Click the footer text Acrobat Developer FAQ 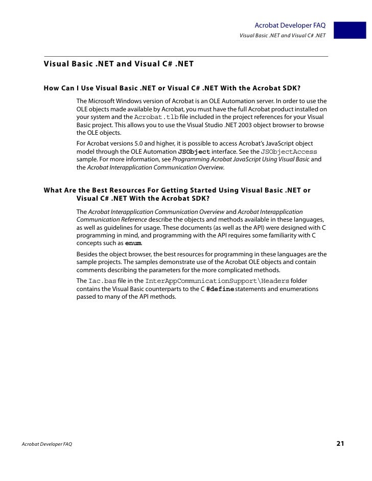click(x=47, y=444)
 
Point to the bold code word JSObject click(x=194, y=152)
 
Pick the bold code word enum click(x=133, y=243)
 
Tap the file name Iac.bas click(x=103, y=281)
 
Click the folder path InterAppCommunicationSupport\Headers click(x=218, y=281)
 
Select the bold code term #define click(x=220, y=289)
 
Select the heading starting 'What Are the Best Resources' click(x=177, y=194)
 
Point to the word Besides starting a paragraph click(x=88, y=254)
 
